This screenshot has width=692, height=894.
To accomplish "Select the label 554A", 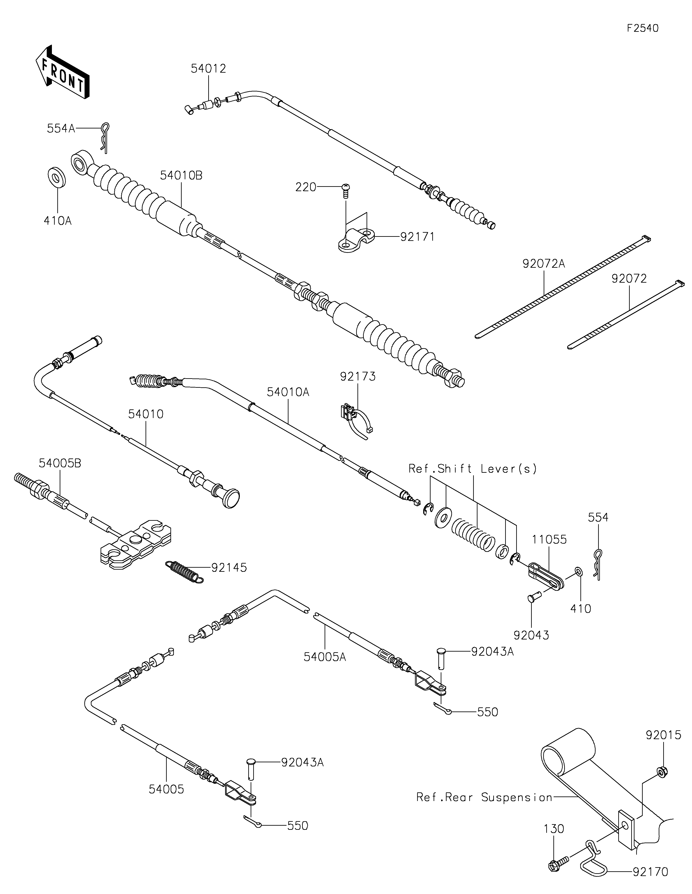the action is (x=61, y=128).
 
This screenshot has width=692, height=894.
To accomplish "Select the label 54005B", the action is (x=60, y=463).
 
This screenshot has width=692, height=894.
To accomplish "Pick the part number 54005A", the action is (x=325, y=657).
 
